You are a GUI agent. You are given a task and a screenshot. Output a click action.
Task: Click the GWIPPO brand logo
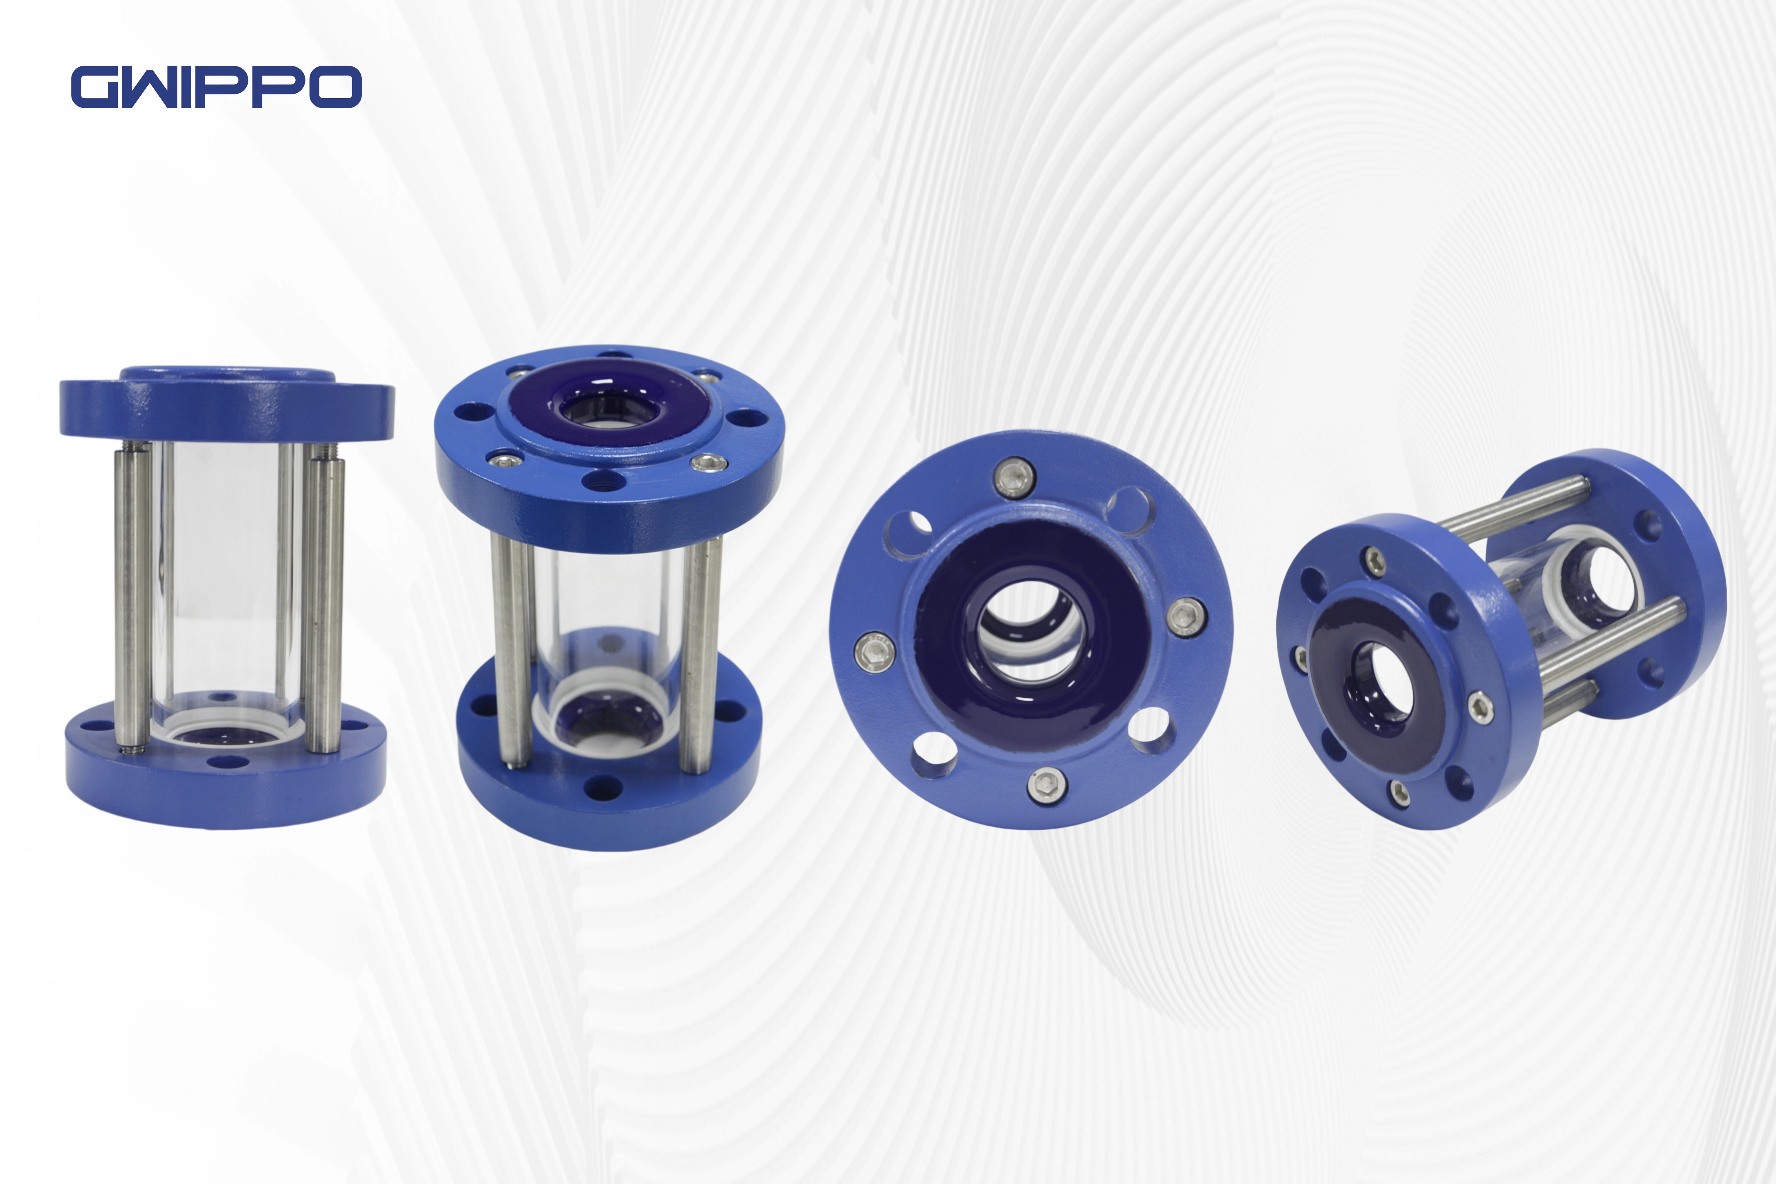(x=216, y=87)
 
